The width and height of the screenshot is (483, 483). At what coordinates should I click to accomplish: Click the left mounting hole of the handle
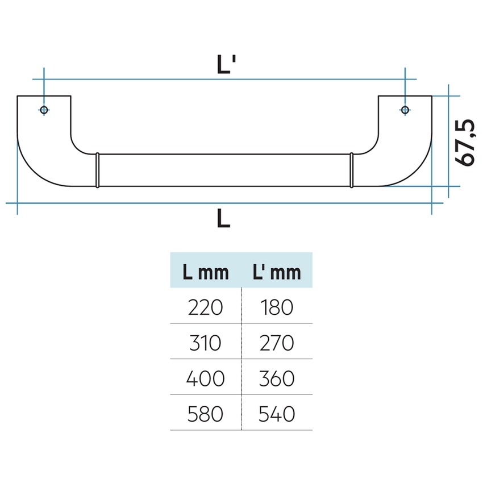44,110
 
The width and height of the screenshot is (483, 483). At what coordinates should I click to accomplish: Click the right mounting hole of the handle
405,110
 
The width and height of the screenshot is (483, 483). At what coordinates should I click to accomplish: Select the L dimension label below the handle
223,218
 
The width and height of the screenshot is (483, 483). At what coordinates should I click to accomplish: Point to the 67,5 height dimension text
466,143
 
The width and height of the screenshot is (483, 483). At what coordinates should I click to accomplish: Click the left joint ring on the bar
97,169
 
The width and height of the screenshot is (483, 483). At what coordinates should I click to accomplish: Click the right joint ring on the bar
352,169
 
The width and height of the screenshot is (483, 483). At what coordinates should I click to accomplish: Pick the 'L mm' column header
205,272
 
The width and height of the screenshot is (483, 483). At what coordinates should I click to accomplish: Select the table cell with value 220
205,307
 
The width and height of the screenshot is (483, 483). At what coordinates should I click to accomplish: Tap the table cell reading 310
205,343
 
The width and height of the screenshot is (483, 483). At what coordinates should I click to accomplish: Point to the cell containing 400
205,378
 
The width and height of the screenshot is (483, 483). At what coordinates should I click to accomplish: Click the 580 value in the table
205,413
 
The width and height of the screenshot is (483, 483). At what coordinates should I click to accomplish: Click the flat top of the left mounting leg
44,96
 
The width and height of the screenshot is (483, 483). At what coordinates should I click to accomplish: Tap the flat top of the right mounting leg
405,96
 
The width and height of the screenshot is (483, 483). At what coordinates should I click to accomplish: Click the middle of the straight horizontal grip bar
224,169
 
